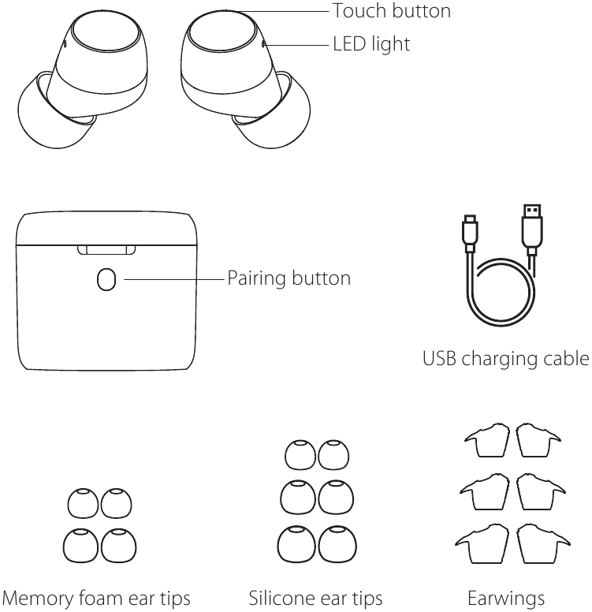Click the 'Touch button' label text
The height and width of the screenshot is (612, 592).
[391, 11]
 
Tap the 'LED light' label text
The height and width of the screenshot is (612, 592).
[371, 44]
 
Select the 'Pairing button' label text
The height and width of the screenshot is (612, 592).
[289, 278]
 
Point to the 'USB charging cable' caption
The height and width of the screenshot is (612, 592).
[505, 360]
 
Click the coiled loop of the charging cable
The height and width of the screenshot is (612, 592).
[501, 296]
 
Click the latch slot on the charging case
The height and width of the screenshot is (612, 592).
[106, 250]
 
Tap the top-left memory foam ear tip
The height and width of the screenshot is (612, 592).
[80, 502]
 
